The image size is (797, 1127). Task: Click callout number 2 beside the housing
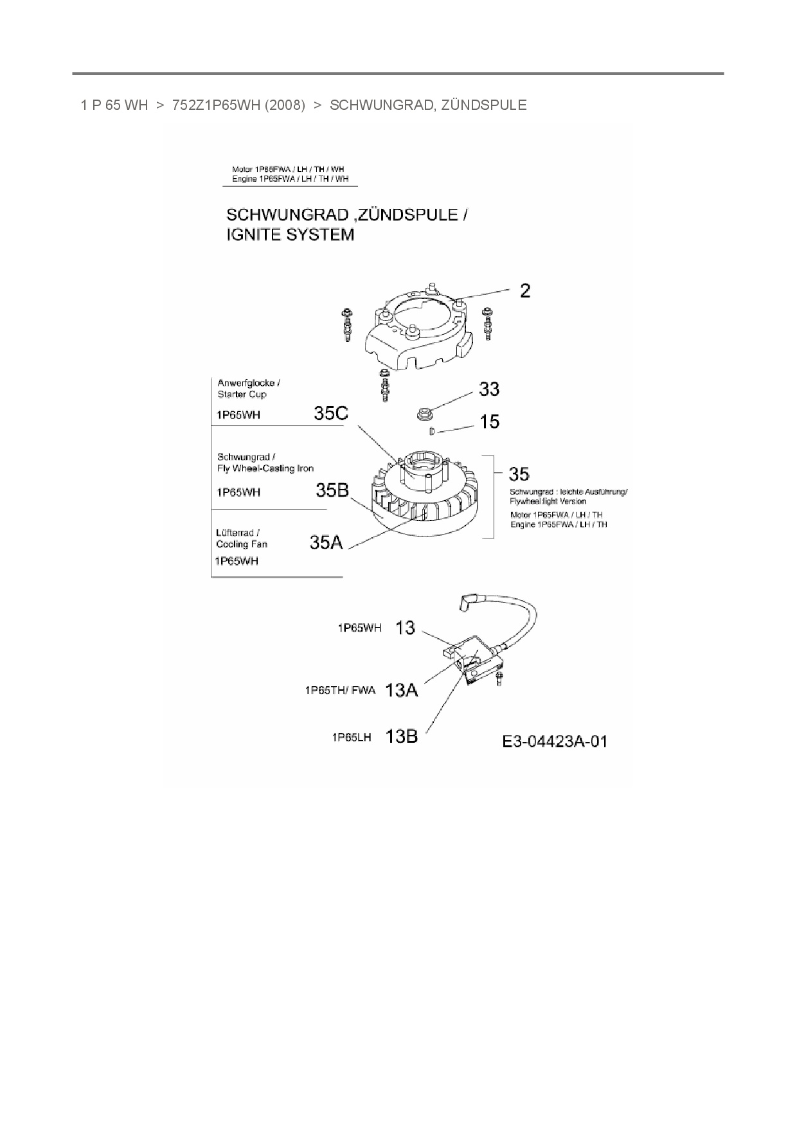tap(525, 291)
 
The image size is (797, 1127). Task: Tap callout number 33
tap(488, 389)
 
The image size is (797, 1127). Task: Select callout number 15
tap(489, 422)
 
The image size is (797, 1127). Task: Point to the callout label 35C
tap(331, 413)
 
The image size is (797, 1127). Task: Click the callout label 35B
tap(332, 491)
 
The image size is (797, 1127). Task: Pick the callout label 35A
tap(327, 542)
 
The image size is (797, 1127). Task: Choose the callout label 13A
tap(401, 690)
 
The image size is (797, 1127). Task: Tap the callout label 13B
tap(401, 736)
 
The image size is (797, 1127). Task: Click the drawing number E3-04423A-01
tap(555, 742)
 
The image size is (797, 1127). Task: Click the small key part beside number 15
tap(433, 431)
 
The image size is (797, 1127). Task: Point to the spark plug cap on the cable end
tap(465, 602)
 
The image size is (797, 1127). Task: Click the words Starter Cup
tap(242, 395)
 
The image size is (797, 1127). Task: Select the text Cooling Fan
tap(242, 544)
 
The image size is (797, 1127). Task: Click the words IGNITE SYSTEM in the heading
tap(291, 235)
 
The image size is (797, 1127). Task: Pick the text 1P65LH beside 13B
tap(352, 738)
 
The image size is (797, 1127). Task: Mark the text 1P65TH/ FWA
tap(340, 691)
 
